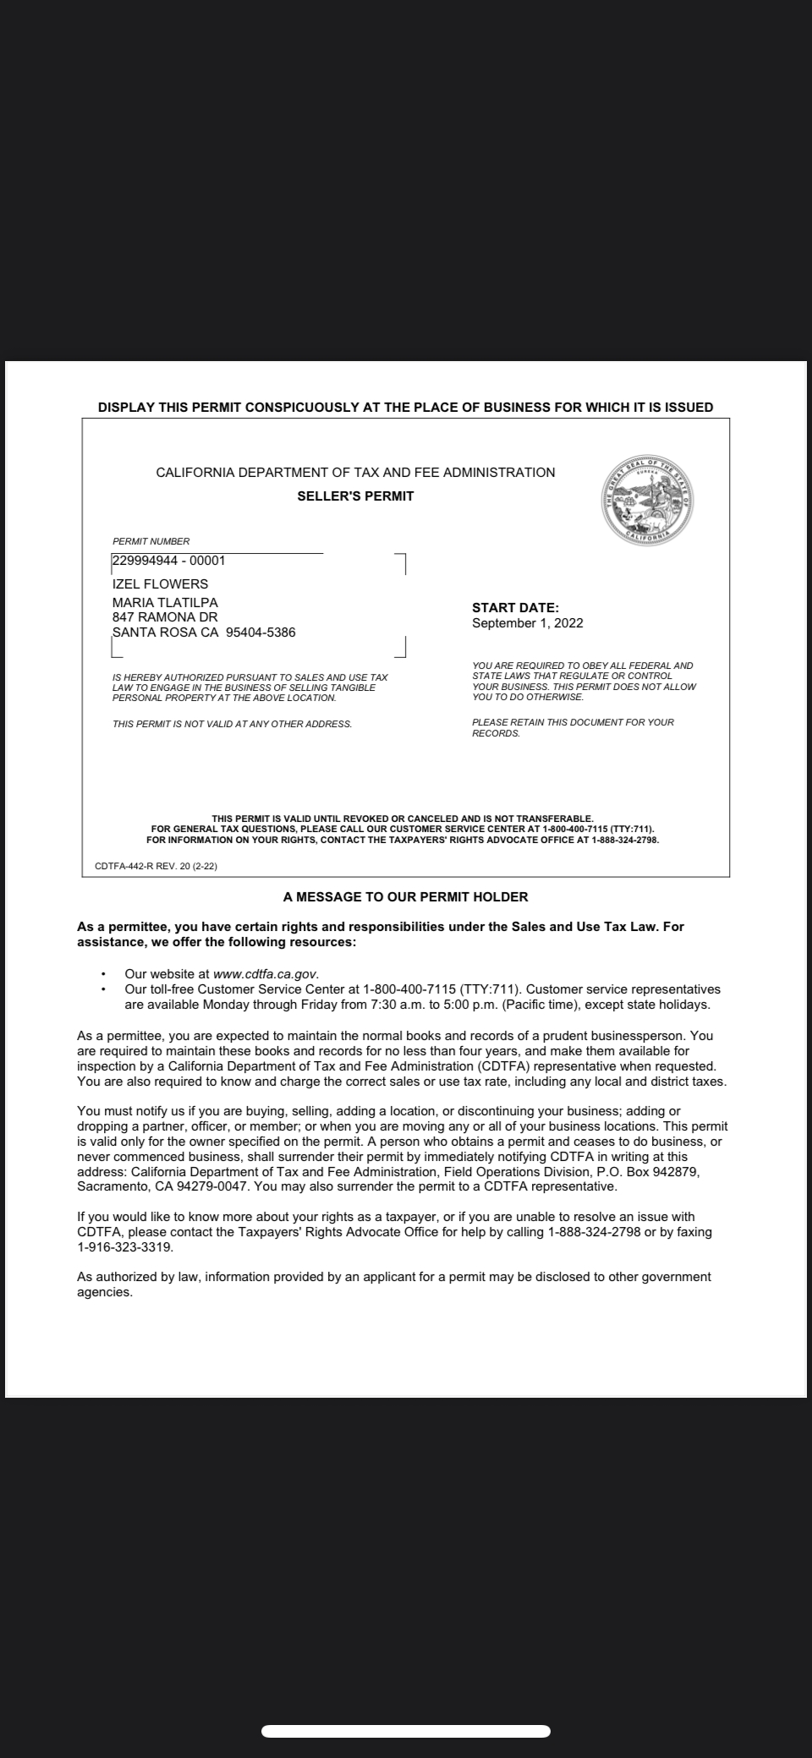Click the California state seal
pyautogui.click(x=648, y=501)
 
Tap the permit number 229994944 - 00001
pyautogui.click(x=169, y=560)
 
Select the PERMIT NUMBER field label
pyautogui.click(x=151, y=541)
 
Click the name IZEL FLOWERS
pyautogui.click(x=160, y=583)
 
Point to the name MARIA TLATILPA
pyautogui.click(x=165, y=602)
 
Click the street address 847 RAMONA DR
pyautogui.click(x=165, y=617)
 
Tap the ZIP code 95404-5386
pyautogui.click(x=261, y=633)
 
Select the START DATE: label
pyautogui.click(x=515, y=607)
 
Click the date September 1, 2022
pyautogui.click(x=527, y=623)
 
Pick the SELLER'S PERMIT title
pyautogui.click(x=355, y=496)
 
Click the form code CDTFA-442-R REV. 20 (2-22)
pyautogui.click(x=156, y=865)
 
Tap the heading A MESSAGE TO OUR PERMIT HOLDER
pyautogui.click(x=405, y=896)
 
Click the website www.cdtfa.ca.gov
pyautogui.click(x=266, y=973)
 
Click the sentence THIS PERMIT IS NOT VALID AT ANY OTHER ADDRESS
pyautogui.click(x=232, y=724)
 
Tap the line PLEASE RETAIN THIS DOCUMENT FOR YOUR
pyautogui.click(x=573, y=722)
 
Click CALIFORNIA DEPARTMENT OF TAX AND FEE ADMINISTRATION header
pyautogui.click(x=355, y=473)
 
